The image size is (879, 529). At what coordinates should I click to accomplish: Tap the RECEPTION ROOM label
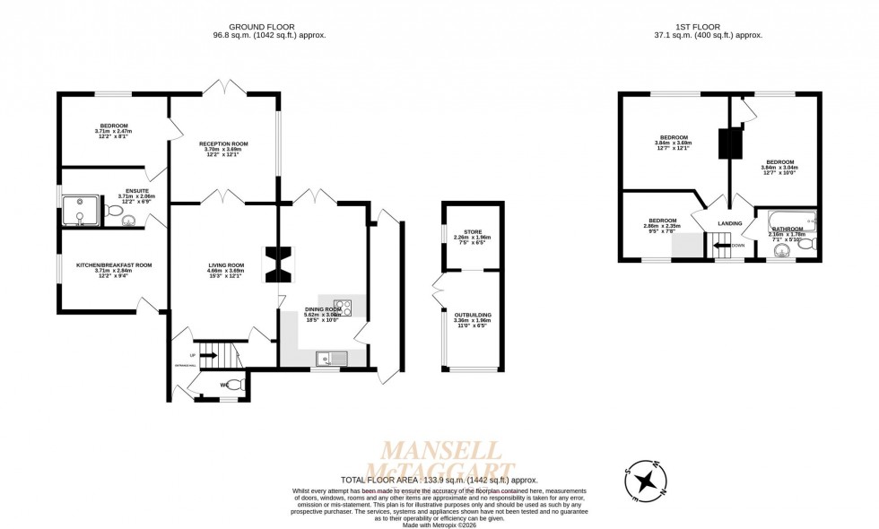[x=223, y=143]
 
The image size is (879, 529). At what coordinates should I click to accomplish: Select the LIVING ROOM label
[x=226, y=265]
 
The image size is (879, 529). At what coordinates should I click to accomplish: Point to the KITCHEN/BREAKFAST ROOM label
[x=114, y=265]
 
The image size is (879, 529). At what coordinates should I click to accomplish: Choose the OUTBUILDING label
[x=473, y=316]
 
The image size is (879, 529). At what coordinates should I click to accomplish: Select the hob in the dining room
[x=343, y=308]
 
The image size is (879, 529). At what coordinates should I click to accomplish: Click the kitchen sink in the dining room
[x=331, y=359]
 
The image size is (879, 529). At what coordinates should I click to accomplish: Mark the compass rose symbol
[x=644, y=481]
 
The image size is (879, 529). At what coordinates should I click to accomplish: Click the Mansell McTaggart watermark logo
[x=448, y=459]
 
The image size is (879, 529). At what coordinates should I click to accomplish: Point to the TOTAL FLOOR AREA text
[x=439, y=481]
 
